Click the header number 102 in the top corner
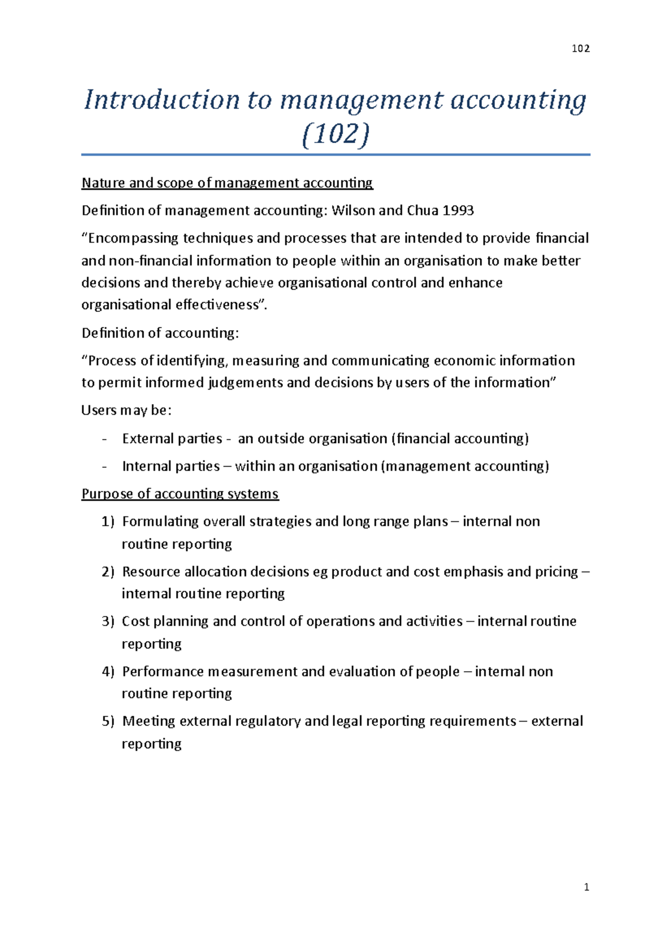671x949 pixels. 580,49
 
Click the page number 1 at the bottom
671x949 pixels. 586,887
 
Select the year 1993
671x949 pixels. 458,211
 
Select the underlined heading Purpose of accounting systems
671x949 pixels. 180,494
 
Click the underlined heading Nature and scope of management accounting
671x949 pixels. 227,183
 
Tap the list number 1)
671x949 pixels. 108,522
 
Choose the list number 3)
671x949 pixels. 108,621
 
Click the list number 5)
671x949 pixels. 108,722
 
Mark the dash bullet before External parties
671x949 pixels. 104,439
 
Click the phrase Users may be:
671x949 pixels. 126,411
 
